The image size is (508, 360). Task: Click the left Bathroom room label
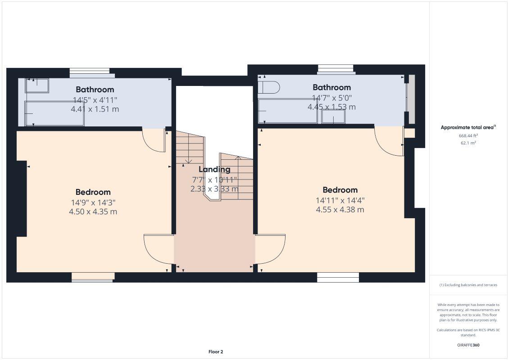click(x=95, y=90)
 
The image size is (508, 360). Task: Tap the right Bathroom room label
click(x=331, y=87)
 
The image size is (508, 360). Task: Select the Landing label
click(x=214, y=170)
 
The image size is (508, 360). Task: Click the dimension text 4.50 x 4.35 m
click(x=93, y=211)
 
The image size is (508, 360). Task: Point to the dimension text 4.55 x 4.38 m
click(x=340, y=209)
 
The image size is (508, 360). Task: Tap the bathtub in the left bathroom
click(x=54, y=113)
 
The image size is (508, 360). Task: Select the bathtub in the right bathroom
click(x=288, y=111)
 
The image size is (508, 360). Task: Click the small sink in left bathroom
click(x=37, y=85)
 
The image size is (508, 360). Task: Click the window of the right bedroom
click(x=338, y=277)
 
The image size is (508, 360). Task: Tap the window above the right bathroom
click(x=336, y=69)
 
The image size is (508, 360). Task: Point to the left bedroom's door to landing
click(x=159, y=248)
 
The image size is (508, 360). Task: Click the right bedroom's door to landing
click(x=271, y=248)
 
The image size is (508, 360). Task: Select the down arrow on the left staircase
click(x=189, y=160)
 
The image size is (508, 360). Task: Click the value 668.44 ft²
click(x=468, y=135)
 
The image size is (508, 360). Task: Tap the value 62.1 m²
click(x=468, y=143)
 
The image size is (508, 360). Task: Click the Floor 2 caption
click(x=216, y=352)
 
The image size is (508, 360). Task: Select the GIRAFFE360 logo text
click(x=468, y=345)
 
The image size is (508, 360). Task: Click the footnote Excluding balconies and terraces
click(x=468, y=285)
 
